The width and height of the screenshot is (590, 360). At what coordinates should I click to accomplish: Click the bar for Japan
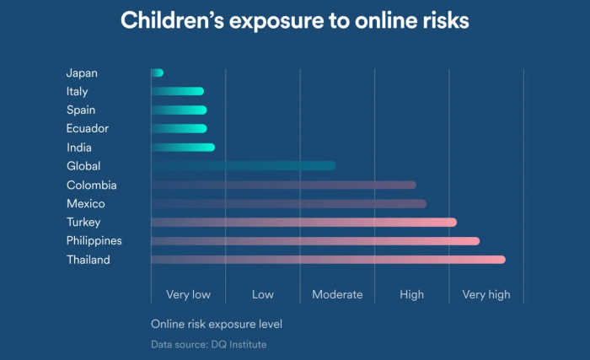(x=158, y=73)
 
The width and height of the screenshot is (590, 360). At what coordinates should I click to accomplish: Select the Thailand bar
(x=328, y=260)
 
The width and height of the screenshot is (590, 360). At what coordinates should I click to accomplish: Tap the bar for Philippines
(x=315, y=241)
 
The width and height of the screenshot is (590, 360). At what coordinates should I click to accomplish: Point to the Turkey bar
(x=303, y=223)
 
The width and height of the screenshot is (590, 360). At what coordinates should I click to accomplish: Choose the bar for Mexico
(x=288, y=204)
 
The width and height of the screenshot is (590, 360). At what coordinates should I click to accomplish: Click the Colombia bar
(x=283, y=185)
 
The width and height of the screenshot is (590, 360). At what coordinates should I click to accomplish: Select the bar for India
(x=183, y=148)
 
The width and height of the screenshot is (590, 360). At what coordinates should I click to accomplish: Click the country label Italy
(x=77, y=92)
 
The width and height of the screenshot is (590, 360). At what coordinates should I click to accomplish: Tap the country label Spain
(x=81, y=110)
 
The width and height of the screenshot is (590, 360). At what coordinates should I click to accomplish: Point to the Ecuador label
(x=88, y=129)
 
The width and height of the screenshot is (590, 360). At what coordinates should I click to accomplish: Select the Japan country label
(x=82, y=73)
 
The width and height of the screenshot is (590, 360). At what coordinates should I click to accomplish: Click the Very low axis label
(x=188, y=295)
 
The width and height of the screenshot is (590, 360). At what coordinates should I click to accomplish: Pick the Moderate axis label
(x=337, y=295)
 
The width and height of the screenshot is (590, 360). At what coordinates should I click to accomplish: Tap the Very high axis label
(x=486, y=295)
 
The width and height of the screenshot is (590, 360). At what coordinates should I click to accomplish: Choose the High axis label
(x=412, y=295)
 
